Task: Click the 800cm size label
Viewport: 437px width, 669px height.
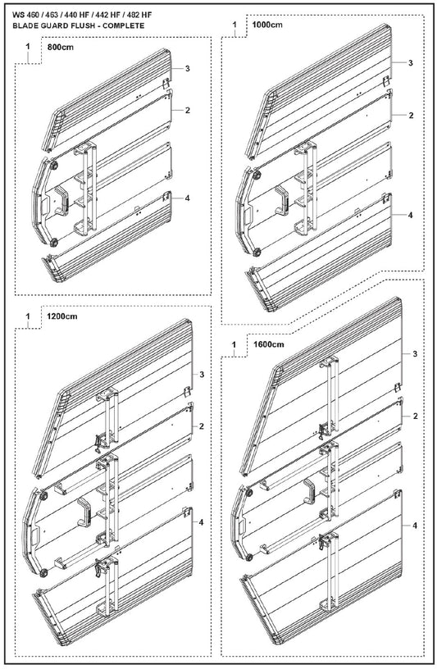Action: tap(60, 48)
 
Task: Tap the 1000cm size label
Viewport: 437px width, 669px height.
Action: tap(267, 25)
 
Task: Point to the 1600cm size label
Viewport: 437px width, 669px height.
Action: tap(268, 344)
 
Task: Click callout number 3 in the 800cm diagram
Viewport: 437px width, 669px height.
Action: tap(188, 69)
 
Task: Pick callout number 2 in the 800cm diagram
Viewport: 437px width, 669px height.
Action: tap(188, 110)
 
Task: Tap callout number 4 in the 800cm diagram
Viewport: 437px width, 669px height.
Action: tap(188, 198)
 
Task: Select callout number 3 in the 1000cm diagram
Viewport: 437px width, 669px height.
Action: tap(411, 63)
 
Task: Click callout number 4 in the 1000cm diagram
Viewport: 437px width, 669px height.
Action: tap(411, 215)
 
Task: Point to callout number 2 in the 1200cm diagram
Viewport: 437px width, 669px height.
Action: tap(202, 426)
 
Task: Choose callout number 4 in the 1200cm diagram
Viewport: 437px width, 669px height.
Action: tap(202, 522)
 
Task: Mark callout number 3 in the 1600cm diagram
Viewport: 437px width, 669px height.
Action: tap(415, 353)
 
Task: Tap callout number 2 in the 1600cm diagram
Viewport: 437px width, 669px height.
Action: tap(415, 416)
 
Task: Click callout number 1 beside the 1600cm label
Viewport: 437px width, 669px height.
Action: tap(234, 344)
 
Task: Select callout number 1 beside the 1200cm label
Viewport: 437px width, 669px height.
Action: tap(28, 316)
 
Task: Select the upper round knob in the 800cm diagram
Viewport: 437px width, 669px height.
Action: tap(54, 166)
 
